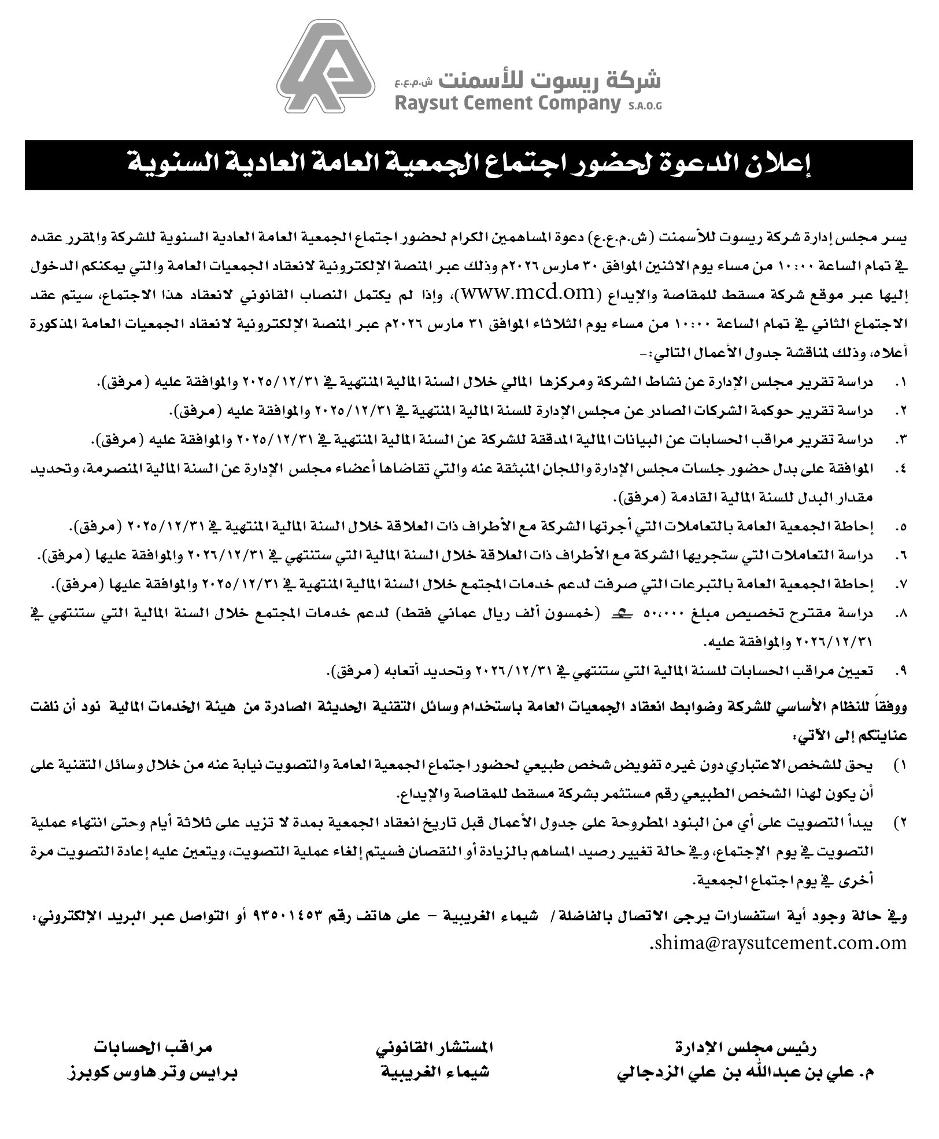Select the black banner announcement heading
pyautogui.click(x=468, y=165)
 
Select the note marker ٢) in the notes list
pyautogui.click(x=900, y=823)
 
